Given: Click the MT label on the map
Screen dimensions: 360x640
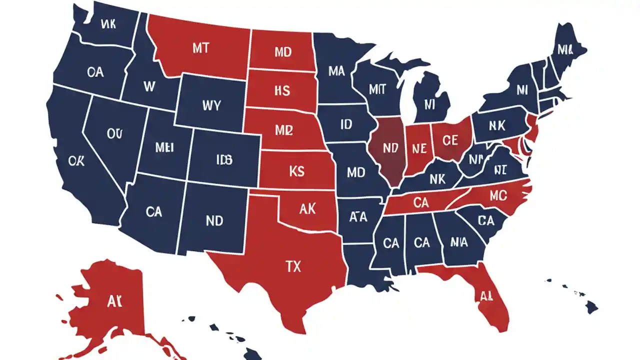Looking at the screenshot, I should tap(200, 48).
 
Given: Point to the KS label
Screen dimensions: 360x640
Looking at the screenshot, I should tap(296, 171).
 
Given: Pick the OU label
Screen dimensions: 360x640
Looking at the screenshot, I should tap(114, 133).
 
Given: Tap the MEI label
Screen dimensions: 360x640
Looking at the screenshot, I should tap(164, 147).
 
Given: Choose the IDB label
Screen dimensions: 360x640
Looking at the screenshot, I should tap(224, 159).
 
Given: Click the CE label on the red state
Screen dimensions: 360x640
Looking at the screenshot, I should tap(450, 141).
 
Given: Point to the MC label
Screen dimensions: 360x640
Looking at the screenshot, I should tap(498, 194).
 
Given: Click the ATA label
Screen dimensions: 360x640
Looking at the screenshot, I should tap(358, 217).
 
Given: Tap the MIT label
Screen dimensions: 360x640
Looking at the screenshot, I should tap(377, 89).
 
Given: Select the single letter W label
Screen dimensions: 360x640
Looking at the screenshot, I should tap(149, 86).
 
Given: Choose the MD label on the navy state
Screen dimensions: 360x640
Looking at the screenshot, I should tap(355, 173).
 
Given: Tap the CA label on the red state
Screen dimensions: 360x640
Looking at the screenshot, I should tap(421, 202).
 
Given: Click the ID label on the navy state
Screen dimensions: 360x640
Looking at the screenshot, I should tap(346, 124).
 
